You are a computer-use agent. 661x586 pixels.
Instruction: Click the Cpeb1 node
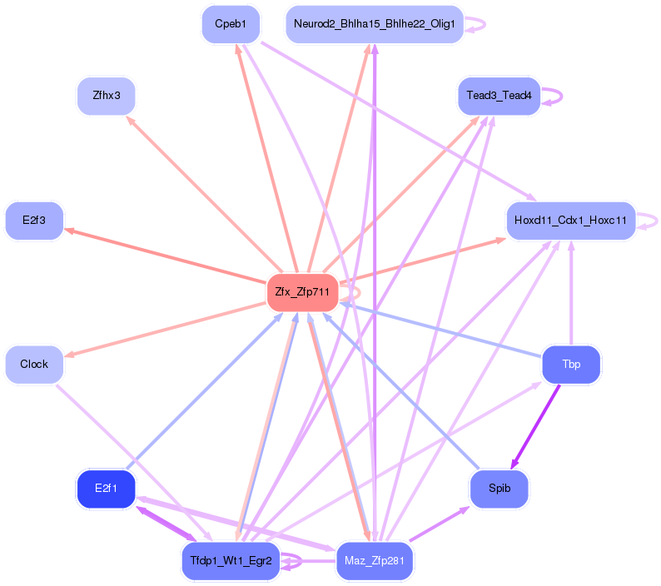[231, 24]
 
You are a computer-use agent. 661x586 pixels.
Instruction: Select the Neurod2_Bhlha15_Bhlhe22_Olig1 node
[375, 24]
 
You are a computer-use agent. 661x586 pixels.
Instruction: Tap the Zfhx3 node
[107, 96]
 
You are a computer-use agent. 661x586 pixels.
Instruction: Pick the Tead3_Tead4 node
[499, 96]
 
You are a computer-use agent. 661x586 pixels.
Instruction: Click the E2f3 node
[34, 221]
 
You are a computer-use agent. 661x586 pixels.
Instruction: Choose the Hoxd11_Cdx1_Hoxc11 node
[571, 221]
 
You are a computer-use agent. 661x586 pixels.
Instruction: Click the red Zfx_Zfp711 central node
[302, 292]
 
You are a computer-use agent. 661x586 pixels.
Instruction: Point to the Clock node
[34, 365]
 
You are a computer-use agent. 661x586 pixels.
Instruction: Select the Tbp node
[571, 365]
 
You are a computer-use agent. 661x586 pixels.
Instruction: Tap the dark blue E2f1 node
[107, 489]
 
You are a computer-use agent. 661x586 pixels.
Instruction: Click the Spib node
[499, 489]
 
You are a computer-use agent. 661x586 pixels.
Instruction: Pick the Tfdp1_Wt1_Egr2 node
[231, 561]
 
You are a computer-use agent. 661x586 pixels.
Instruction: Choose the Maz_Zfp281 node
[375, 561]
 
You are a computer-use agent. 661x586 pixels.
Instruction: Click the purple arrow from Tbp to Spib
[535, 427]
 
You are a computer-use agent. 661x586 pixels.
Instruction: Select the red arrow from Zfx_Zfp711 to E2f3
[165, 256]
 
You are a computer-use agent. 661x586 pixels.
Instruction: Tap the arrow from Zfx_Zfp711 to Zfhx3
[205, 194]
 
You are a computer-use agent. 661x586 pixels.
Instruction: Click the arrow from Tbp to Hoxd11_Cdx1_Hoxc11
[571, 292]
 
